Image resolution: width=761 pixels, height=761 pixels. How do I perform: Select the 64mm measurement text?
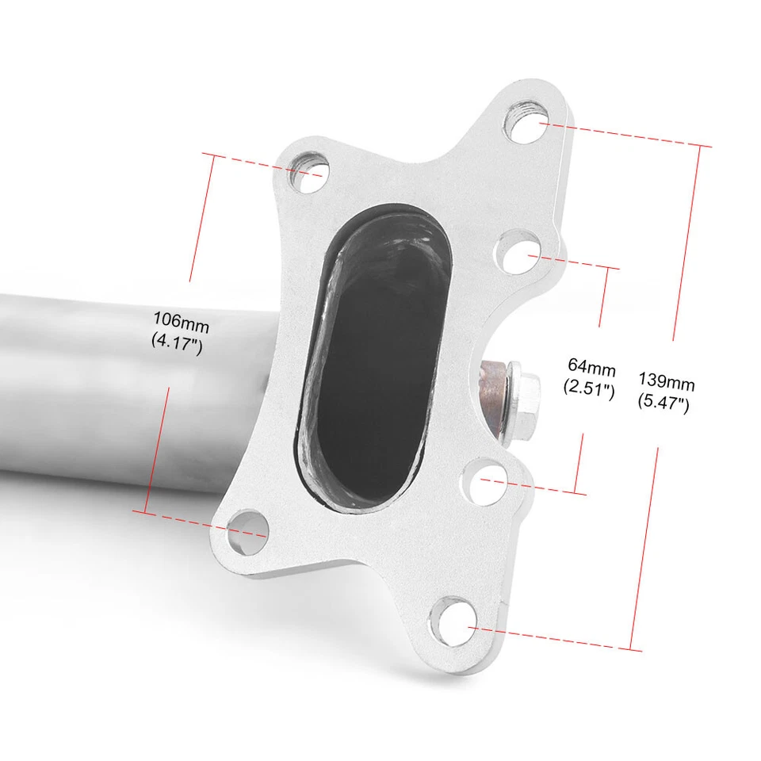click(591, 366)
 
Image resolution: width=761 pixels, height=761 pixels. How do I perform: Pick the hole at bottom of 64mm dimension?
click(480, 478)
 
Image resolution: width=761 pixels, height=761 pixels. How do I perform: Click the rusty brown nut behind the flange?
click(493, 396)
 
